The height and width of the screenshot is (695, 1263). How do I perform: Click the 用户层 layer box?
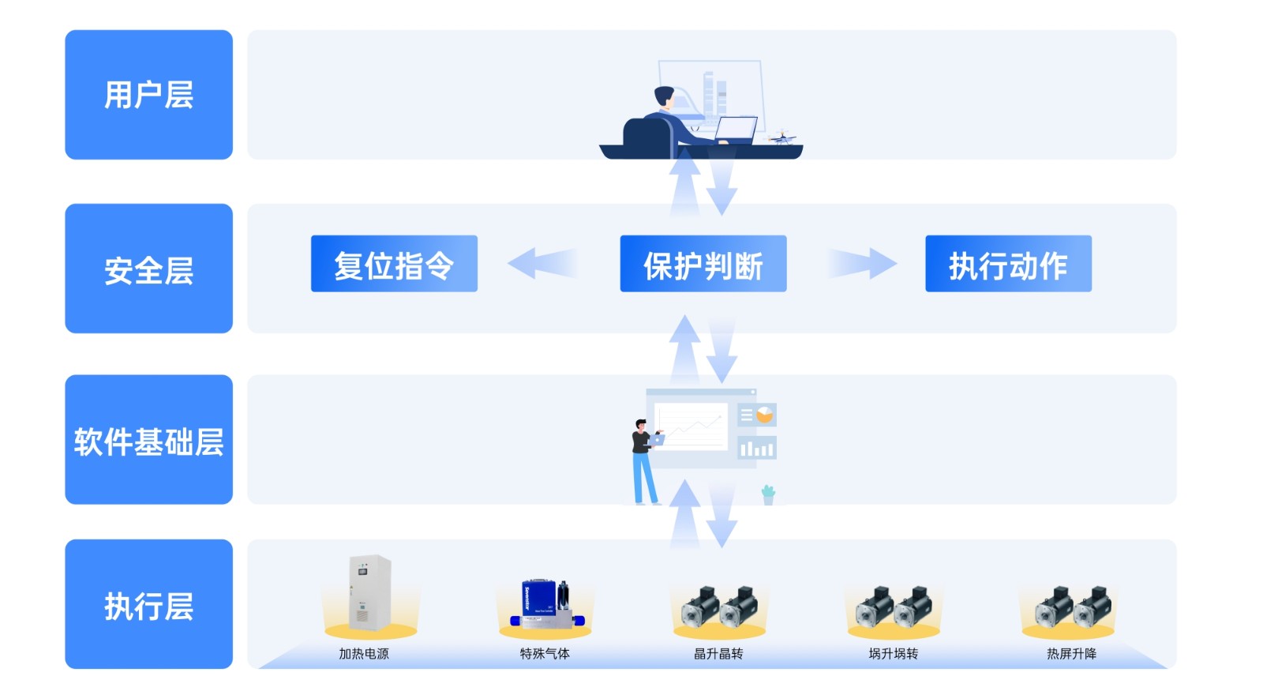pos(148,95)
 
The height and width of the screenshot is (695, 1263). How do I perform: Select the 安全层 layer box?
pos(148,269)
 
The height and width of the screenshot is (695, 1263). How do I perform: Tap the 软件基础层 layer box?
pos(148,440)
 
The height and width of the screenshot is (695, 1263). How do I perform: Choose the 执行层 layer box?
pos(148,604)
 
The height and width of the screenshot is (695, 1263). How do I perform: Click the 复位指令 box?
pos(394,264)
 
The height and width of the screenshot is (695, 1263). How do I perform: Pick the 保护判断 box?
pos(703,264)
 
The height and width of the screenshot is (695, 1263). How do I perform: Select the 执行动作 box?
pos(1008,264)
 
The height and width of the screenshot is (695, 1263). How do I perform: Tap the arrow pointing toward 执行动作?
pos(863,263)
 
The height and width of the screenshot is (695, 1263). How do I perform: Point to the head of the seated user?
pos(664,97)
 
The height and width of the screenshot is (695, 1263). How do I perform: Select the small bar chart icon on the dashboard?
pos(756,448)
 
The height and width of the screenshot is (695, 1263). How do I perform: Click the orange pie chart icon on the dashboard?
pos(764,415)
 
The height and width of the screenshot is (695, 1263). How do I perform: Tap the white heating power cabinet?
pos(369,592)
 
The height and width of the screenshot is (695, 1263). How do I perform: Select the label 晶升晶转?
pos(718,653)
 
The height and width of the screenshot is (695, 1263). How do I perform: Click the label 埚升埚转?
pos(893,653)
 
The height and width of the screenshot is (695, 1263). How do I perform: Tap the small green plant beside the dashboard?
pos(768,494)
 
